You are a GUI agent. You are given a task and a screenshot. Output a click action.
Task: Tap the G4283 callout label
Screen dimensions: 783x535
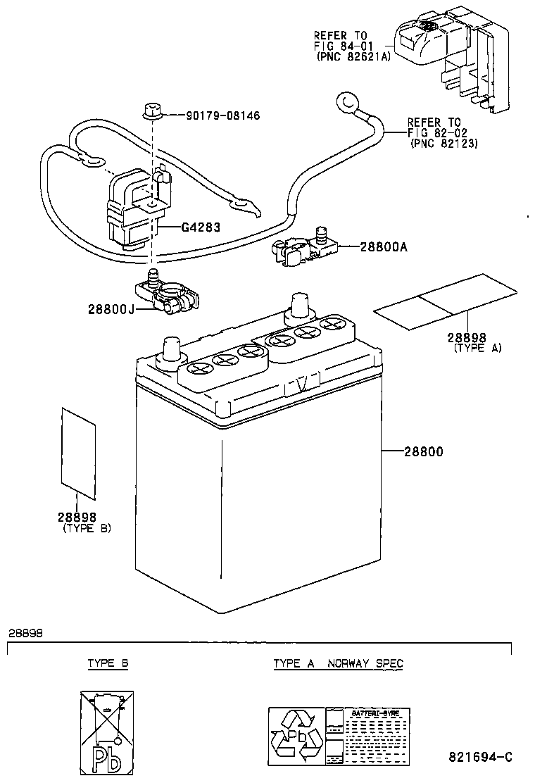[x=201, y=227]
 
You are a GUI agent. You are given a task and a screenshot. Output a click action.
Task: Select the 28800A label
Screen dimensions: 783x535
[x=384, y=247]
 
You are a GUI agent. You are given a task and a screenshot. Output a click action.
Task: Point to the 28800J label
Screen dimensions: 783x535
[x=111, y=308]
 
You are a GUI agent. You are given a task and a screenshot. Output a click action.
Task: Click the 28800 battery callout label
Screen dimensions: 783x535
[x=424, y=451]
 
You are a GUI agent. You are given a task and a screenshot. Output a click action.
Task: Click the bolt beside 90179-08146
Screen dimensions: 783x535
[x=152, y=110]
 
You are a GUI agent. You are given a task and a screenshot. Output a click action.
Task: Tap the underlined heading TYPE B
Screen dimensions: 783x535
[x=108, y=663]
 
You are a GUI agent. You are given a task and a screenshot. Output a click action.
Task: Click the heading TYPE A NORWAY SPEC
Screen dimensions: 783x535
[x=339, y=663]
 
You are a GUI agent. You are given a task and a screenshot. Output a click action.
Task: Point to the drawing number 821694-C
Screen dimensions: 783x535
[x=479, y=757]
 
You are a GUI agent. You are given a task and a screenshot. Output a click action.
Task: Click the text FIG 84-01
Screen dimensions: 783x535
[x=338, y=46]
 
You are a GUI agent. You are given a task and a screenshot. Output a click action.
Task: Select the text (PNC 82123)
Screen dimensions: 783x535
[x=443, y=143]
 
